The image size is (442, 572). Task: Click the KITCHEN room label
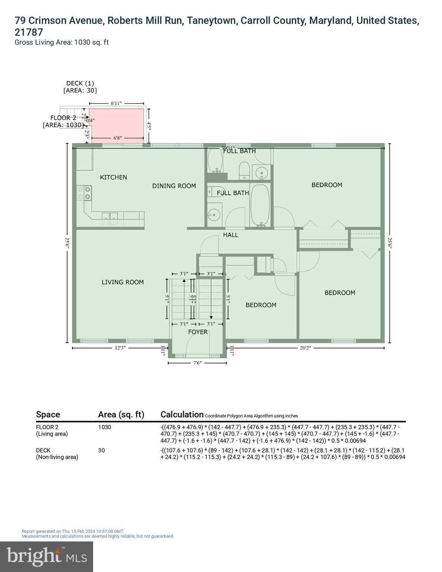pos(114,177)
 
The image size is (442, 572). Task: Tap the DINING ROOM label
pos(174,186)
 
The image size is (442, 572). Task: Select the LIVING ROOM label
pos(123,282)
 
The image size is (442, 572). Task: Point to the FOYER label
pos(198,332)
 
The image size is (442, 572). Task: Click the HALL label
pos(230,235)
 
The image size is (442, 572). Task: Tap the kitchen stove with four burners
pos(84,193)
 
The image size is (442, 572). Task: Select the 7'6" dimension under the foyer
pos(197,363)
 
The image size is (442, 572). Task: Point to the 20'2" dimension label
pos(305,348)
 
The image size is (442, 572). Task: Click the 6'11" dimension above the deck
pos(116,103)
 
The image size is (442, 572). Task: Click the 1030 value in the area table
pos(105,427)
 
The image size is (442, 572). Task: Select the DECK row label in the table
pos(43,450)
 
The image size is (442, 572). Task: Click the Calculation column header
pos(182,414)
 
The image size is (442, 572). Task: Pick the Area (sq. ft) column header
pos(121,414)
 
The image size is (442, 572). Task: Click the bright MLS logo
pos(47,556)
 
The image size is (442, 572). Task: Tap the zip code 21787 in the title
pos(29,32)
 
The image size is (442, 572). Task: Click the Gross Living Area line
pos(61,42)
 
